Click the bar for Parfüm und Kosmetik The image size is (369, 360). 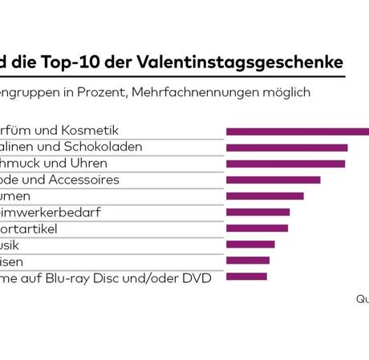(298, 131)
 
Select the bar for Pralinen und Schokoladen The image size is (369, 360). (286, 148)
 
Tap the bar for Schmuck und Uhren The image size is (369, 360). (286, 164)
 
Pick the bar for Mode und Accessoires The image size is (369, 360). (273, 180)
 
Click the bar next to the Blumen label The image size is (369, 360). (265, 196)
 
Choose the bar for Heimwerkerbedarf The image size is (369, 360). (257, 212)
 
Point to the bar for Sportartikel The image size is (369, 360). (257, 229)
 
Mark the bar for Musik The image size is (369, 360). (250, 245)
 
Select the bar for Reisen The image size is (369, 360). (248, 261)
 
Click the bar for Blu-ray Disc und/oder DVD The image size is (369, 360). (246, 277)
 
